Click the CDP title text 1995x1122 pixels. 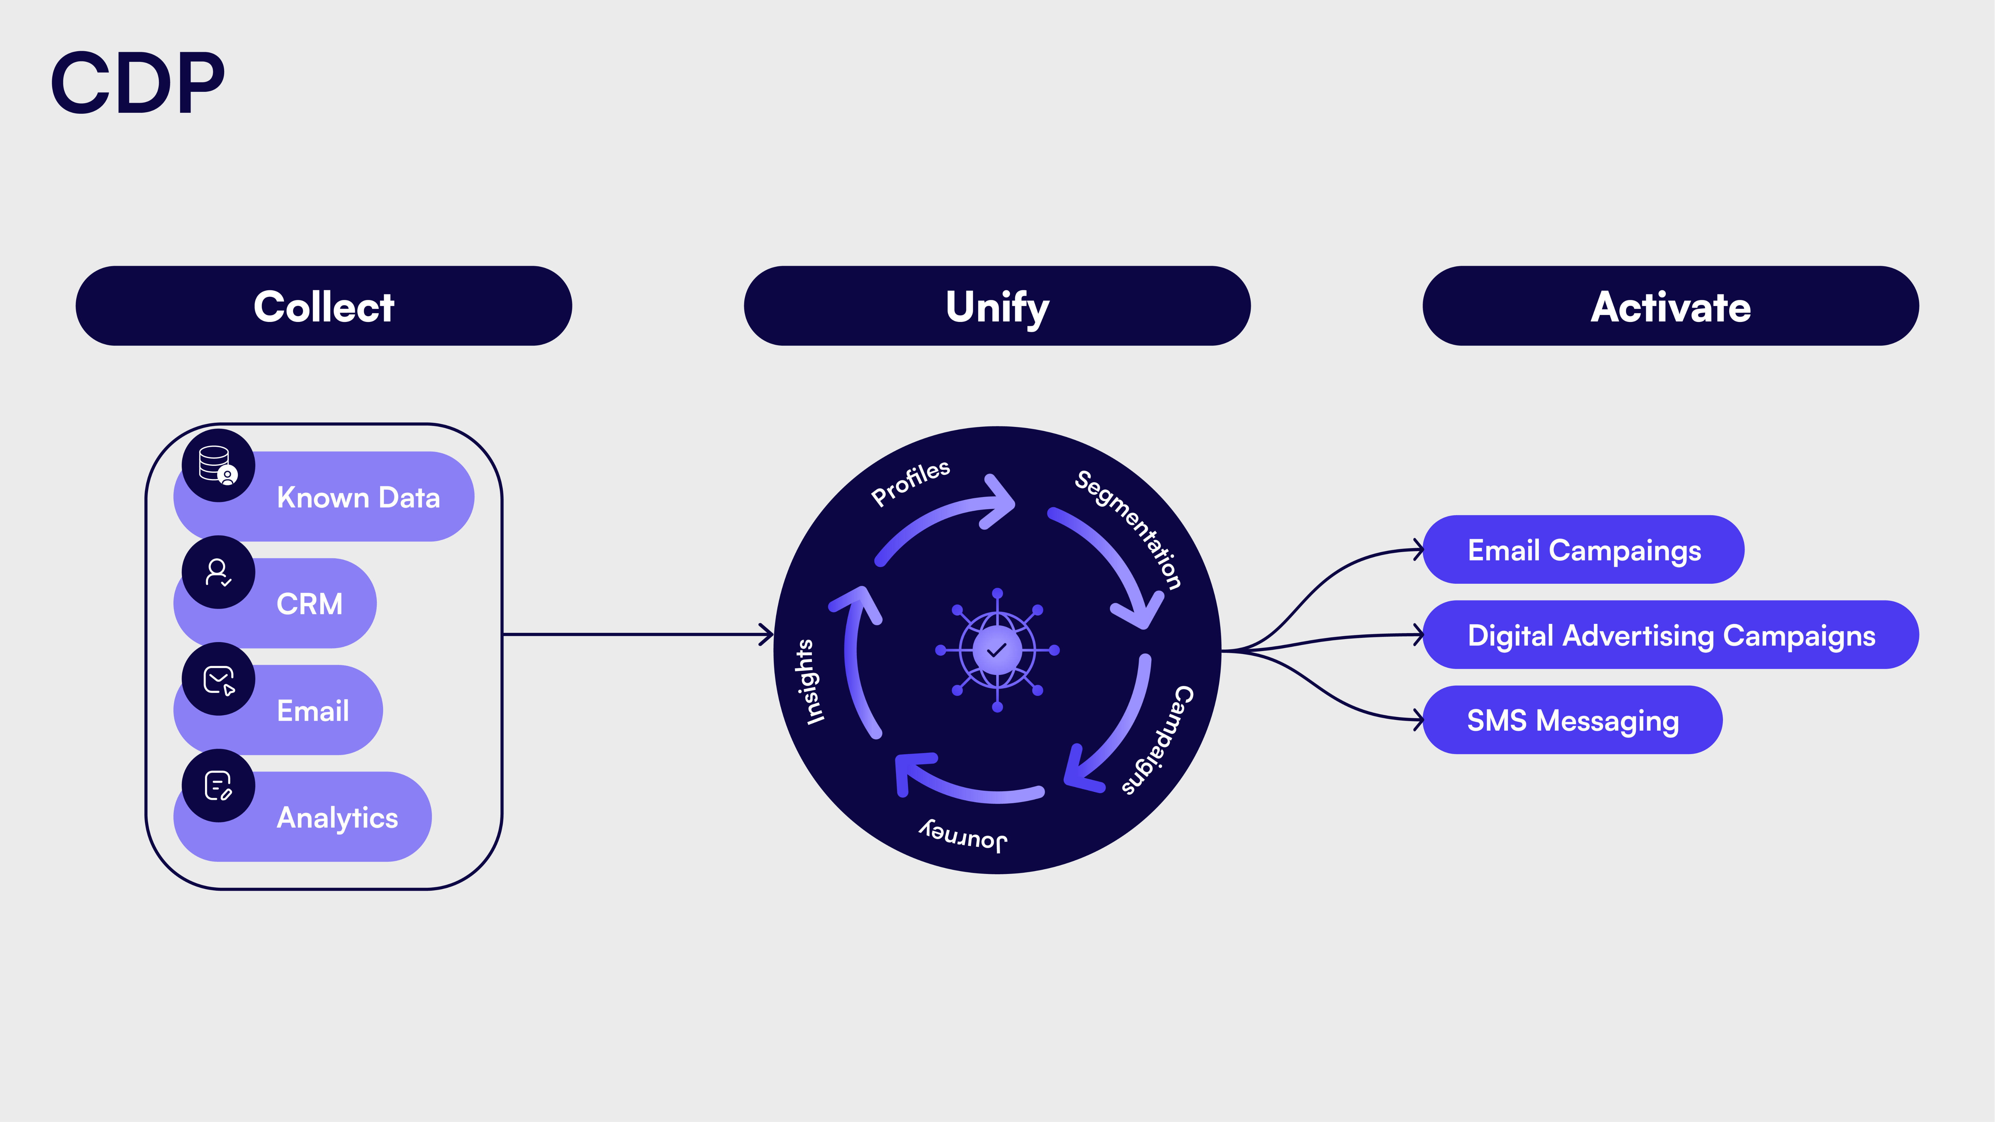tap(138, 83)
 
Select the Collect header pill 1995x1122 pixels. tap(324, 306)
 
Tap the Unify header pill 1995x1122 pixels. tap(997, 306)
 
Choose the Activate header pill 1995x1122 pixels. tap(1671, 306)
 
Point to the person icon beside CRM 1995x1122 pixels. tap(218, 572)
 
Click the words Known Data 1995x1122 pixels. tap(359, 497)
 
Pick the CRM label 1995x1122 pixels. tap(310, 604)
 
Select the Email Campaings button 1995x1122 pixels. tap(1584, 550)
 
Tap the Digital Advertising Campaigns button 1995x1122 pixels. tap(1671, 635)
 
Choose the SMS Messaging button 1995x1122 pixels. tap(1572, 720)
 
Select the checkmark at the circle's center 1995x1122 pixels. tap(997, 650)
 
